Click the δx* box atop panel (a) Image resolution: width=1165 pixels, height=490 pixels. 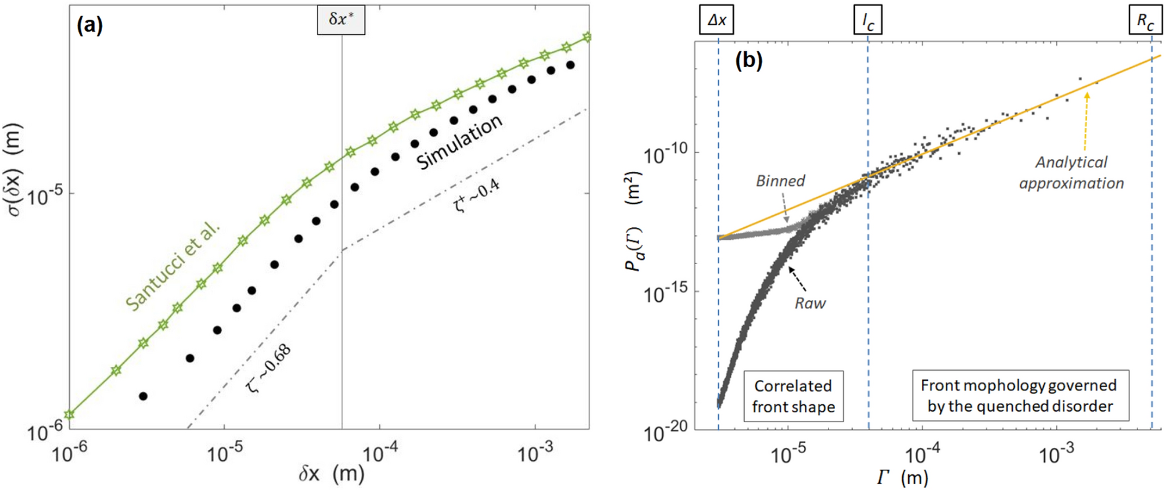tap(340, 20)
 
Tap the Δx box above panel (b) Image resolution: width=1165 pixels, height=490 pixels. tap(717, 20)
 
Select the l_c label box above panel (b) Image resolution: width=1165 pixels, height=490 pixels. tap(867, 20)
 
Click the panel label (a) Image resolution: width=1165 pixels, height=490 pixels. tap(90, 26)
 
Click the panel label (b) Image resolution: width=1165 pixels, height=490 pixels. tap(749, 61)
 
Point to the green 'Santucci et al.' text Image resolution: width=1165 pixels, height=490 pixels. tap(173, 267)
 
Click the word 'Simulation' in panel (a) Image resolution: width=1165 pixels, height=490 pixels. tap(459, 143)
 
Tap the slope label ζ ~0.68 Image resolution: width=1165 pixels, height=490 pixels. tap(269, 369)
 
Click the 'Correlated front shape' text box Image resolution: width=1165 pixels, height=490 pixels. tap(793, 396)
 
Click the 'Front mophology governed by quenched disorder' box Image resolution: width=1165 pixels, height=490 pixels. tap(1019, 395)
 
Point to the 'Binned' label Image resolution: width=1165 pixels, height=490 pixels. tap(780, 181)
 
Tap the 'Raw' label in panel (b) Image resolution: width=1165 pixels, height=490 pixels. tap(809, 304)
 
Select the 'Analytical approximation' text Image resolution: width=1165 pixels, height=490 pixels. tap(1071, 173)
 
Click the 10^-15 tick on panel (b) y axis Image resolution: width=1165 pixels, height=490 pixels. tap(664, 293)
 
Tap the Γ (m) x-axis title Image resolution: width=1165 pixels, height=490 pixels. tap(902, 477)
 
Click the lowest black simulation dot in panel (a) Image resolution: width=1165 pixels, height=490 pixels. tap(143, 396)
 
